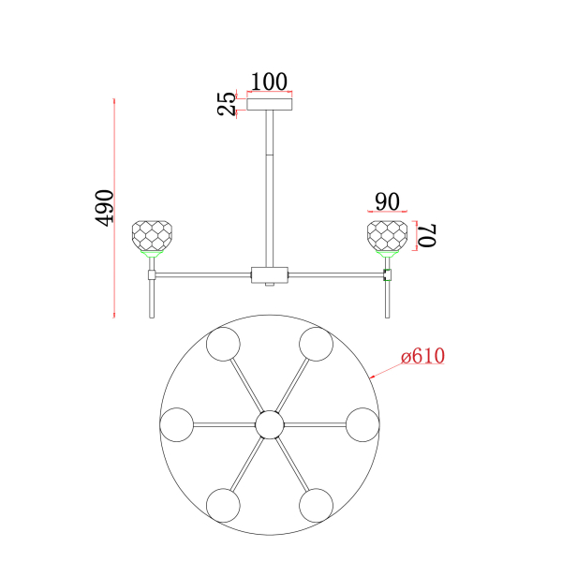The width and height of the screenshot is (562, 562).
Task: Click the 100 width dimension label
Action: click(269, 82)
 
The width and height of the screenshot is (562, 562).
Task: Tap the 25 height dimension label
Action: click(227, 104)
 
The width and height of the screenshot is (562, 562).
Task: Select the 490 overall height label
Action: click(104, 208)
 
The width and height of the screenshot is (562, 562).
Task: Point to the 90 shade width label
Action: click(387, 201)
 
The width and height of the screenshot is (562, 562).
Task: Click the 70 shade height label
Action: click(428, 235)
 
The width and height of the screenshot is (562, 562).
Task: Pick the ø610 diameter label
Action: click(423, 356)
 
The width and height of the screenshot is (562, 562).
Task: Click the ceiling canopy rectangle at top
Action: click(270, 104)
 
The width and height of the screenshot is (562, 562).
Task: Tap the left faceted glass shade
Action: click(152, 236)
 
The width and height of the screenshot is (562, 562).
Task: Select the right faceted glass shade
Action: click(387, 236)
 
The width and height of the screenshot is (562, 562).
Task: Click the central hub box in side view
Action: click(270, 274)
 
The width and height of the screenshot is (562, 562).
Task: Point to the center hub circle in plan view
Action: click(270, 424)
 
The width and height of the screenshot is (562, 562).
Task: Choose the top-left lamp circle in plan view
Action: click(223, 344)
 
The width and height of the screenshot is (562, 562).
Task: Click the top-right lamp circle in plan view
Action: click(317, 344)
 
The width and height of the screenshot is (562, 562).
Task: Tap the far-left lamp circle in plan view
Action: click(177, 424)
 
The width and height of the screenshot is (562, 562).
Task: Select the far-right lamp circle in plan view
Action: click(362, 424)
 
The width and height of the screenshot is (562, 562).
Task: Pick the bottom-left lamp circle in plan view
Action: click(223, 506)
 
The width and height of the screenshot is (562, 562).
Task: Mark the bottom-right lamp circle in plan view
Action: click(317, 506)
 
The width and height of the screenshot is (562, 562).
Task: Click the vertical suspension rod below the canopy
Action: click(270, 189)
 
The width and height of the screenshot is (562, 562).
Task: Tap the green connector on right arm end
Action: click(387, 274)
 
